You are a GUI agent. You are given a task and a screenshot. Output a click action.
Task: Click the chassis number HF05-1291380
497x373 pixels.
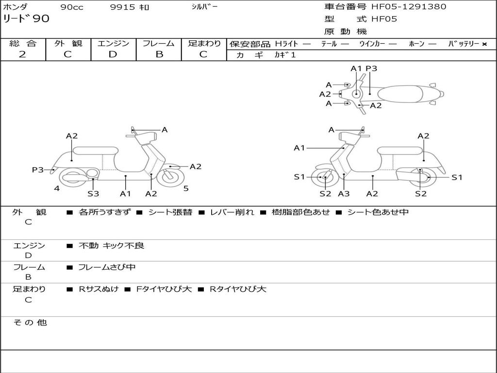(x=409, y=7)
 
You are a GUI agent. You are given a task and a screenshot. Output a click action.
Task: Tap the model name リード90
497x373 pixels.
(x=26, y=19)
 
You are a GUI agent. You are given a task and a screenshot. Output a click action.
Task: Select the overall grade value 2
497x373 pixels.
(x=22, y=54)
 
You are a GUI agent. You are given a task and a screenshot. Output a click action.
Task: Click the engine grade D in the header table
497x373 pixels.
(x=113, y=54)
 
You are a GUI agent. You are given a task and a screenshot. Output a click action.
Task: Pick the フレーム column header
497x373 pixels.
(x=159, y=43)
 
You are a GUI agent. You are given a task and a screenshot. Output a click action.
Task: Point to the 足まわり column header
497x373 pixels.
(x=204, y=43)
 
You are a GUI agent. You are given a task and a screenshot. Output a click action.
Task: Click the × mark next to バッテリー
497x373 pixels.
(x=484, y=44)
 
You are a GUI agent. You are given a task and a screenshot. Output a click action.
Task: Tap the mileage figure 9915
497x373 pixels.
(x=123, y=7)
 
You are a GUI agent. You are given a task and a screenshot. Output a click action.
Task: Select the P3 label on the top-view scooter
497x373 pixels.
(x=371, y=68)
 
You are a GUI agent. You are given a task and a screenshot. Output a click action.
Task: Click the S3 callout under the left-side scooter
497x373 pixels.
(x=93, y=193)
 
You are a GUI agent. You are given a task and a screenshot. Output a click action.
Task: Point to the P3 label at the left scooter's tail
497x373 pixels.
(x=38, y=170)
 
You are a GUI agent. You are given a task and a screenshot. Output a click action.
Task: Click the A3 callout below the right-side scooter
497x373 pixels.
(x=344, y=193)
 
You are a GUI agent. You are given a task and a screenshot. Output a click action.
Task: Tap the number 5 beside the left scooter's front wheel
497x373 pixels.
(x=186, y=188)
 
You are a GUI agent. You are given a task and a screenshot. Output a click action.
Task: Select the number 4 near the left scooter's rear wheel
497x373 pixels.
(x=57, y=188)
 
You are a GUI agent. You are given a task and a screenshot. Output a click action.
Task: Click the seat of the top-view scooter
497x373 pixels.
(x=400, y=94)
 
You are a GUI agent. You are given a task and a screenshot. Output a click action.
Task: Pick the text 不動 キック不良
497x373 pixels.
(x=111, y=246)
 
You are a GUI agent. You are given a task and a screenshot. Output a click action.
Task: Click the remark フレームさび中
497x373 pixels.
(x=107, y=268)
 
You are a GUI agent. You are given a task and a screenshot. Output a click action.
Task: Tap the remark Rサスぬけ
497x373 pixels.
(x=99, y=289)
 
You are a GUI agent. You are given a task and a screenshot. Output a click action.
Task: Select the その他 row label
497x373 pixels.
(x=30, y=322)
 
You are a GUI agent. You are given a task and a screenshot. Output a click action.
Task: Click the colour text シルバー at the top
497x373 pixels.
(x=204, y=7)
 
